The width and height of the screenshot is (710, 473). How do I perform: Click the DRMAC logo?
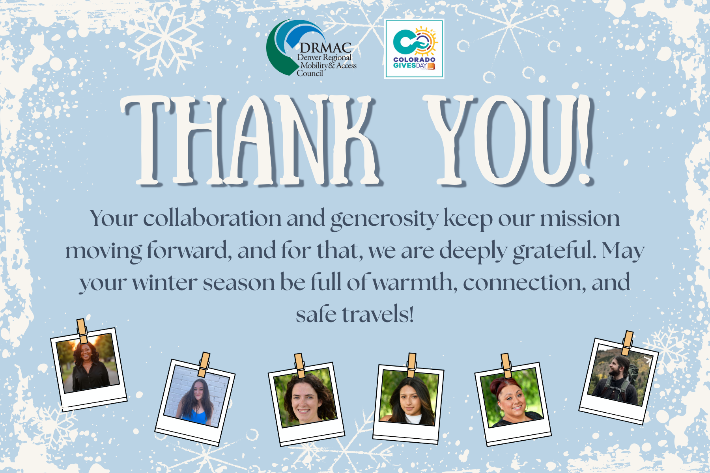pyautogui.click(x=311, y=48)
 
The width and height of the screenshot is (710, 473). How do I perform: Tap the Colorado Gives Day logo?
pyautogui.click(x=414, y=49)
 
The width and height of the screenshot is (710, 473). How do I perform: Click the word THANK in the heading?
pyautogui.click(x=252, y=140)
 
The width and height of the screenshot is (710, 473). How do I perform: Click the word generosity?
pyautogui.click(x=384, y=219)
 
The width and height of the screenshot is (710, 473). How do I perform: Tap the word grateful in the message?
pyautogui.click(x=555, y=251)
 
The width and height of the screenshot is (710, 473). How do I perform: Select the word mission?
pyautogui.click(x=580, y=219)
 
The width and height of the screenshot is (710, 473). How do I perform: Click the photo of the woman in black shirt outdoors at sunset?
pyautogui.click(x=88, y=369)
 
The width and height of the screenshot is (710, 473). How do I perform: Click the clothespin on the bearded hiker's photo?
pyautogui.click(x=627, y=343)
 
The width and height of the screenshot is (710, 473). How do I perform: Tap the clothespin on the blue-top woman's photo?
pyautogui.click(x=204, y=364)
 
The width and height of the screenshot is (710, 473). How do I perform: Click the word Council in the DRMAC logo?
pyautogui.click(x=310, y=73)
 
